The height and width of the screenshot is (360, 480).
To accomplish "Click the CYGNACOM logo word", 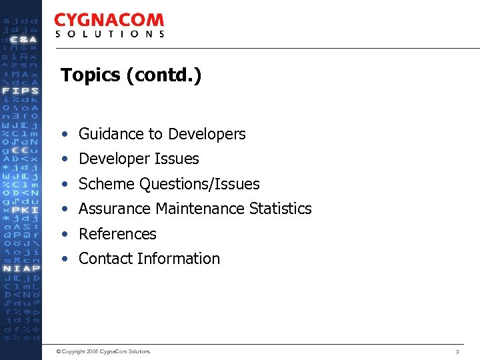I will (109, 21).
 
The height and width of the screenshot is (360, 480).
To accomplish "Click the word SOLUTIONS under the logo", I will (109, 34).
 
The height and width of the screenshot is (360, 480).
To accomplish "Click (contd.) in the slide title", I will (163, 75).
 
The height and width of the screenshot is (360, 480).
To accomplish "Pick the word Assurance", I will (115, 209).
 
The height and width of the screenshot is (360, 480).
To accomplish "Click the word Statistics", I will (281, 209).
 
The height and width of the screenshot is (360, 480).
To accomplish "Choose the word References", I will (117, 234).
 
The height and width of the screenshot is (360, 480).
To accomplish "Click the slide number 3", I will (457, 351).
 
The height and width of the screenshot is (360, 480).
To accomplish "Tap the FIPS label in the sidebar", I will (21, 91).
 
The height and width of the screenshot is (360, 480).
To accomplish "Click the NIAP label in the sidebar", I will (21, 268).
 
